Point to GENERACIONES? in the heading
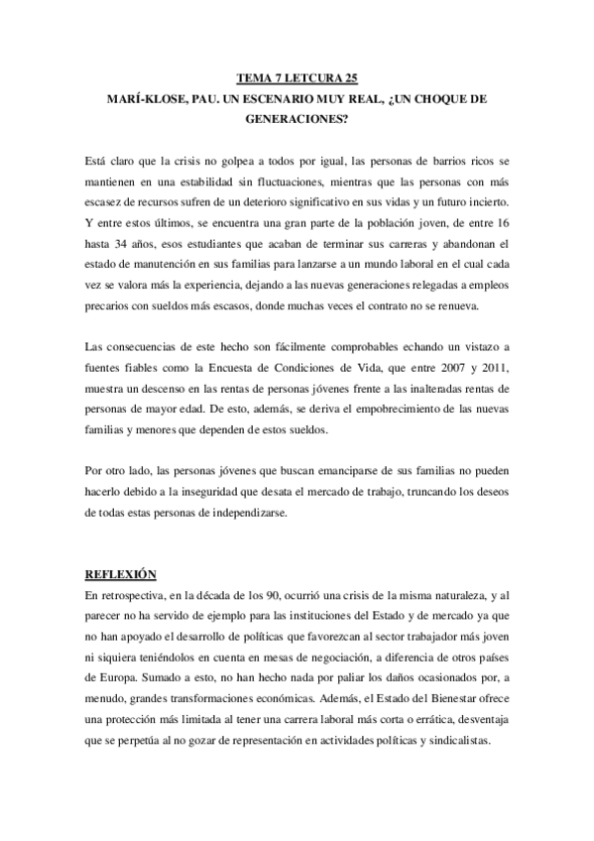coord(297,124)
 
